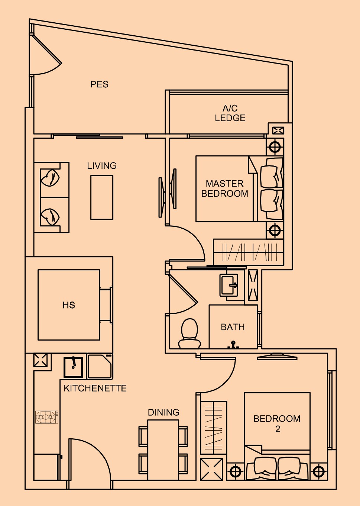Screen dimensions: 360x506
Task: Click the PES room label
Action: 99,84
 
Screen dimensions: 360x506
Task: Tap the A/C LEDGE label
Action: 230,113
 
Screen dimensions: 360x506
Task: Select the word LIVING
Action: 102,165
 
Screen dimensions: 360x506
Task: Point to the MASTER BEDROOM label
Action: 224,188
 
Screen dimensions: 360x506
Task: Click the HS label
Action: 69,305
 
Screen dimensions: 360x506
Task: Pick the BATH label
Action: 233,327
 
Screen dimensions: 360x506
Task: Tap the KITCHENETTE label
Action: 95,388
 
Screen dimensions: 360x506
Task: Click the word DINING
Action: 163,412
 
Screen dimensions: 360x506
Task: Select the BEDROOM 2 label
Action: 277,423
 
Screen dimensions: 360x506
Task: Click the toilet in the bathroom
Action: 189,333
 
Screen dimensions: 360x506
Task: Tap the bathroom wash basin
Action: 229,285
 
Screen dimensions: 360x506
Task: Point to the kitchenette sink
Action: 73,367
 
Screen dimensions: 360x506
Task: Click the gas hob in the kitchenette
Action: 47,417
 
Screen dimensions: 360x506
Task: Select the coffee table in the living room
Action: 102,197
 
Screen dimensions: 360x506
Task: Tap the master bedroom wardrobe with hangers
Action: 249,252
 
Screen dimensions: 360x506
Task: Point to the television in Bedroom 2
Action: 277,357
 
